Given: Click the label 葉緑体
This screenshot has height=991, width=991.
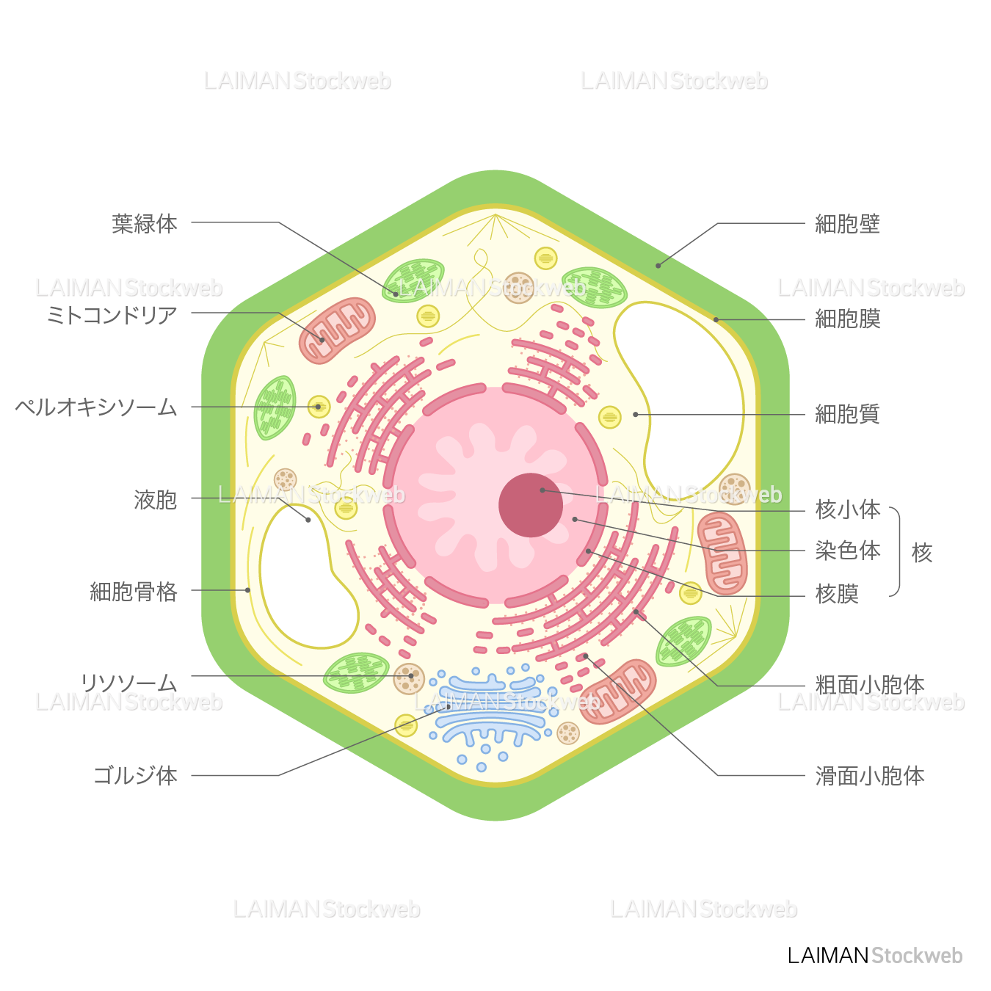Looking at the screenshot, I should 145,223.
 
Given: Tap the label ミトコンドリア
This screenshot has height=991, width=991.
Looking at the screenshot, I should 112,316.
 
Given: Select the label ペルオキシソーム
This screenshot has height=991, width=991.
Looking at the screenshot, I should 96,407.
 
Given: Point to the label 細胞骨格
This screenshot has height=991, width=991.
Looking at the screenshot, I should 134,591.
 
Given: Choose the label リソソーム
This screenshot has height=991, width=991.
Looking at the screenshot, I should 128,683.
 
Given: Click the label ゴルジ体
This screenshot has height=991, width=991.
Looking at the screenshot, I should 136,775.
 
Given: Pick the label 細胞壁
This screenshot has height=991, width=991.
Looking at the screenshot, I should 847,224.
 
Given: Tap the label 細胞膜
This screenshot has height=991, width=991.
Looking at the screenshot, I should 847,319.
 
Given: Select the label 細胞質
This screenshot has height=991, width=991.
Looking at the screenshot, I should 847,414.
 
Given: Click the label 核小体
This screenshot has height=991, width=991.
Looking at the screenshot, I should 848,509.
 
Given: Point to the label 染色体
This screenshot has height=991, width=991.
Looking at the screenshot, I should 848,551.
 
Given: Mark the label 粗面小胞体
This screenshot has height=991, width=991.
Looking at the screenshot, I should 870,685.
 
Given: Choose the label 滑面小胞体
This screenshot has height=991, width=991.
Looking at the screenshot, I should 870,776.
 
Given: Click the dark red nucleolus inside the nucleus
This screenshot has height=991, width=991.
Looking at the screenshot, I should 530,505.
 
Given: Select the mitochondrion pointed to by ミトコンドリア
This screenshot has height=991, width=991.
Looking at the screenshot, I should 337,330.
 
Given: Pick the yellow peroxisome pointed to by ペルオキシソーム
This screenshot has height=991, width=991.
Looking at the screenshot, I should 319,407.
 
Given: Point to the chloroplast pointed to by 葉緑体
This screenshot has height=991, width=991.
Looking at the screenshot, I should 413,281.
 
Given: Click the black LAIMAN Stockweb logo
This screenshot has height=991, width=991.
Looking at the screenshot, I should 874,956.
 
